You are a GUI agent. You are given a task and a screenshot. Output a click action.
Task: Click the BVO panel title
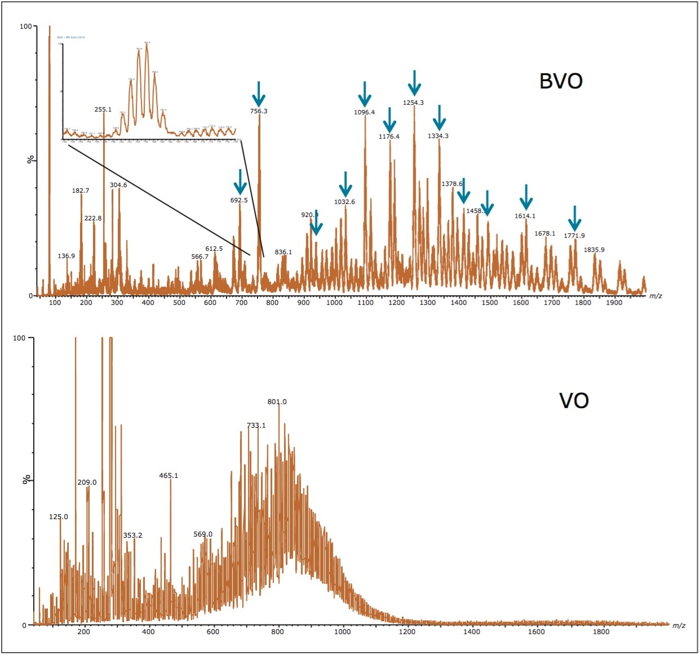[x=561, y=81]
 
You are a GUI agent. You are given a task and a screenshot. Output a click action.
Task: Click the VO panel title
[x=574, y=401]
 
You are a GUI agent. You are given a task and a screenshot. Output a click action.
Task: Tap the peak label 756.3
[x=259, y=111]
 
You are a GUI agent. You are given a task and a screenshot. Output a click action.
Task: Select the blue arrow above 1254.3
[x=414, y=83]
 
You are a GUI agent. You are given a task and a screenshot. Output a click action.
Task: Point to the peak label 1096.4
[x=364, y=112]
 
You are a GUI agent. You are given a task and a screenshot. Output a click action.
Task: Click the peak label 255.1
[x=103, y=110]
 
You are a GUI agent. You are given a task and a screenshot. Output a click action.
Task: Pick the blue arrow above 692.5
[x=240, y=182]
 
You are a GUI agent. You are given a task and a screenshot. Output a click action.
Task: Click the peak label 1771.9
[x=574, y=236]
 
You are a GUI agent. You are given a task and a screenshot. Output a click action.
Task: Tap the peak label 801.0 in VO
[x=277, y=402]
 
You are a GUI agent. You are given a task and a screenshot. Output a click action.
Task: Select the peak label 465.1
[x=169, y=476]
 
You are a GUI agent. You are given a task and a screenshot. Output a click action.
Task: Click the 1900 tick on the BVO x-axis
[x=614, y=303]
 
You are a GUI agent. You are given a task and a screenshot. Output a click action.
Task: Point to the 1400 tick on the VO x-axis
[x=472, y=631]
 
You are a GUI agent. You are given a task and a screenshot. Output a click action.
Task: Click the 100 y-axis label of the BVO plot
[x=25, y=26]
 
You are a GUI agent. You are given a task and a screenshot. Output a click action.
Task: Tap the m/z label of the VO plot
[x=679, y=626]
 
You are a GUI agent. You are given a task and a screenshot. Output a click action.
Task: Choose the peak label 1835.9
[x=594, y=250]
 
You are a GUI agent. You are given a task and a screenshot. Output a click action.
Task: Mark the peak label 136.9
[x=66, y=256]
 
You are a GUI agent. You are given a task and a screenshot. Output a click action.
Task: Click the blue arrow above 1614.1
[x=525, y=197]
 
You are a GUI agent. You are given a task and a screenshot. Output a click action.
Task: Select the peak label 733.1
[x=256, y=426]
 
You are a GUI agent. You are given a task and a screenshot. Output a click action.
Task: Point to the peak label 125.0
[x=59, y=517]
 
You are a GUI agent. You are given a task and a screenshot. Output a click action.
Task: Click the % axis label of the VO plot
[x=25, y=480]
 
